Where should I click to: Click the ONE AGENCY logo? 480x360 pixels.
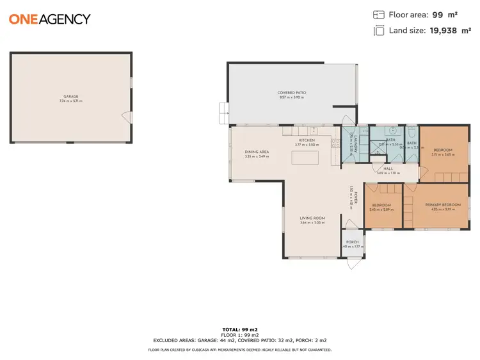click(x=50, y=19)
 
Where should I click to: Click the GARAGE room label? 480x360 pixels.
click(x=71, y=96)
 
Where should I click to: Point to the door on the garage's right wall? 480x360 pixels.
click(x=127, y=117)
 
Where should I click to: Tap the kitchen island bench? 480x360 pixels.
click(x=307, y=157)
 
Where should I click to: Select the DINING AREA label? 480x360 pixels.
click(x=257, y=152)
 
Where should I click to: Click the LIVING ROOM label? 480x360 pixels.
click(x=313, y=218)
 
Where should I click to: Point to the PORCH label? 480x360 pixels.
click(x=353, y=241)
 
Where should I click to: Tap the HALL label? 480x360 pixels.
click(x=388, y=168)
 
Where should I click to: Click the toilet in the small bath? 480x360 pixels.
click(x=412, y=131)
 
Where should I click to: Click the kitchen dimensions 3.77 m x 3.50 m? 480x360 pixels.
click(x=307, y=144)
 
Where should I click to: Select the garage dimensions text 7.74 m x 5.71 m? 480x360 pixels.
click(x=71, y=101)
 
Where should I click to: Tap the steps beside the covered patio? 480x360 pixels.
click(x=222, y=113)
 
